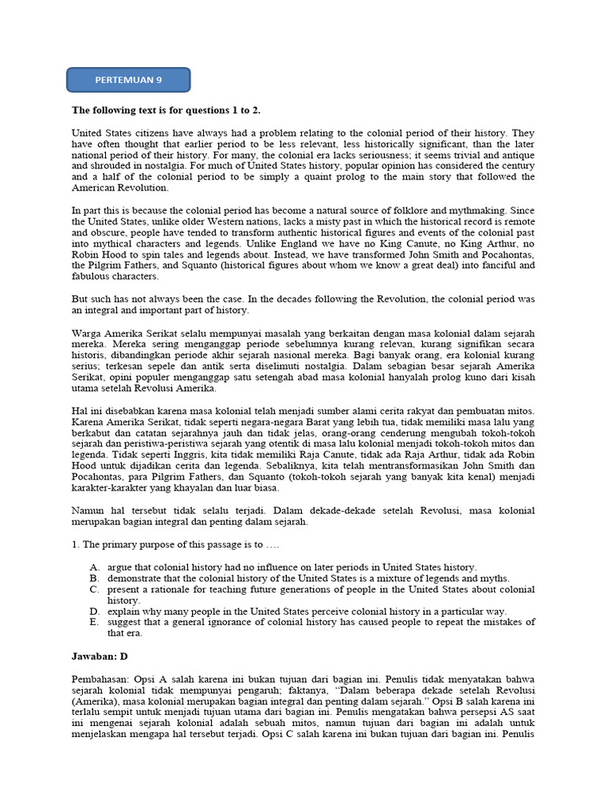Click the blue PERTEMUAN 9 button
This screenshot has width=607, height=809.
pos(128,80)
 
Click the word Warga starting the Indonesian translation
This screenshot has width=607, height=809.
pos(87,333)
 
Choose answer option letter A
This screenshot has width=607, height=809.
pos(94,567)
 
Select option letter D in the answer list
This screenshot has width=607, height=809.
pos(94,611)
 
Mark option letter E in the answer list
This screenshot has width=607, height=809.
pos(94,623)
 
